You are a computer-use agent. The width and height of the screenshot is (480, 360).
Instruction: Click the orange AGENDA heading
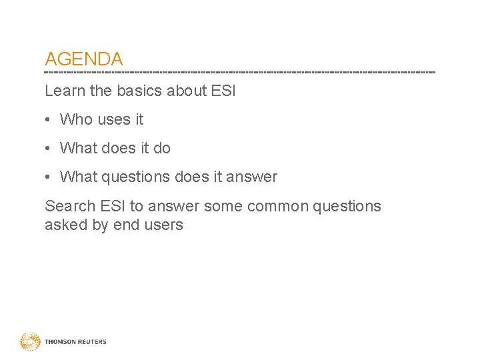(83, 59)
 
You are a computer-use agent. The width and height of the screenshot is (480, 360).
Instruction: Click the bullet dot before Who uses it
(49, 120)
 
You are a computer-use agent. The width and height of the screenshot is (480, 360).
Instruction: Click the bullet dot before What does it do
(49, 149)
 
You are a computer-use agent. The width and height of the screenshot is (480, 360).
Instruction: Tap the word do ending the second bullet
(162, 148)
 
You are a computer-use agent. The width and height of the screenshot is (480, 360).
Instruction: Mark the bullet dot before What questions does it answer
(49, 177)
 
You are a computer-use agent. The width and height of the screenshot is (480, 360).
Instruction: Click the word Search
(69, 206)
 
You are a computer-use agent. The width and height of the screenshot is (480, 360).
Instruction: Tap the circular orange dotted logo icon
(30, 342)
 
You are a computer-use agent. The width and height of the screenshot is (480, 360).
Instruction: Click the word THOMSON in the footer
(59, 342)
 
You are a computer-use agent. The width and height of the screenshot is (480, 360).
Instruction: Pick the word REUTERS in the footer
(91, 342)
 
